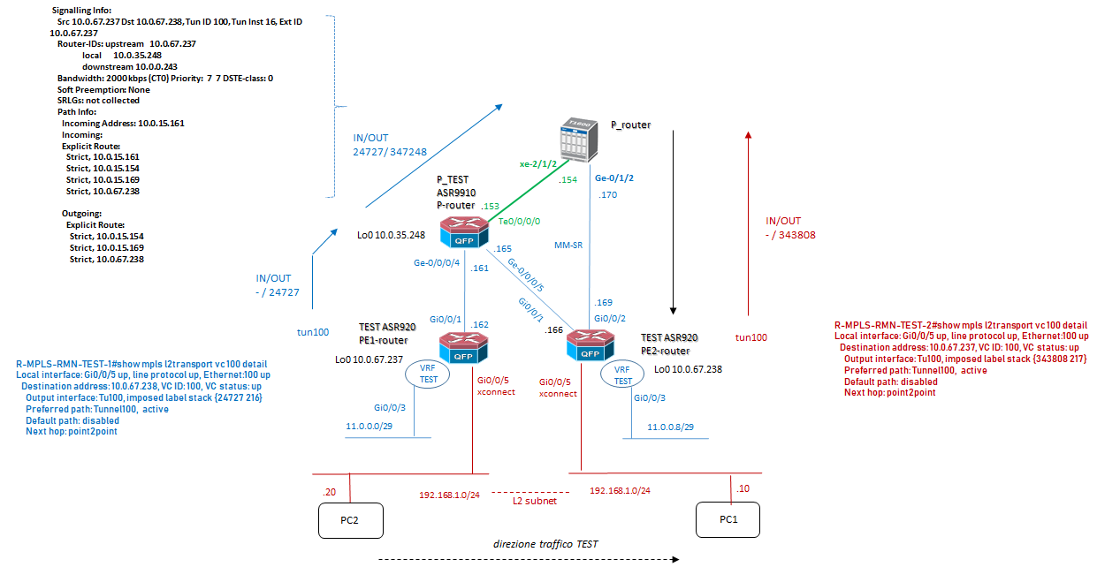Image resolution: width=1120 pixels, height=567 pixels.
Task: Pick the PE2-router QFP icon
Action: click(x=590, y=344)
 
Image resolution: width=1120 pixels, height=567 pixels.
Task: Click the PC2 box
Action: click(x=351, y=519)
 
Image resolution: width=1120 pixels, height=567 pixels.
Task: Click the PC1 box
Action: click(x=728, y=519)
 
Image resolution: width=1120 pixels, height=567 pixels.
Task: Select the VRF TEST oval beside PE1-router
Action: click(x=428, y=374)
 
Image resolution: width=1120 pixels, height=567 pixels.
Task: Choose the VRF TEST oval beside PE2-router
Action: click(x=623, y=374)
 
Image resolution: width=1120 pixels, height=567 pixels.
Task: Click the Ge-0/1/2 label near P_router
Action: click(x=615, y=177)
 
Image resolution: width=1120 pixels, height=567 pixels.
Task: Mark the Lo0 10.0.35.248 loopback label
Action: click(x=391, y=235)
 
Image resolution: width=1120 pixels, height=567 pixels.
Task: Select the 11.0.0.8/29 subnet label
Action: click(x=670, y=426)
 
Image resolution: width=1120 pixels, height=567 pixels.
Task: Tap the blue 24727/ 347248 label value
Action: click(x=390, y=151)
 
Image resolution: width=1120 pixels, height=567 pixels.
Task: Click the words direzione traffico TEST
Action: click(x=545, y=543)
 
